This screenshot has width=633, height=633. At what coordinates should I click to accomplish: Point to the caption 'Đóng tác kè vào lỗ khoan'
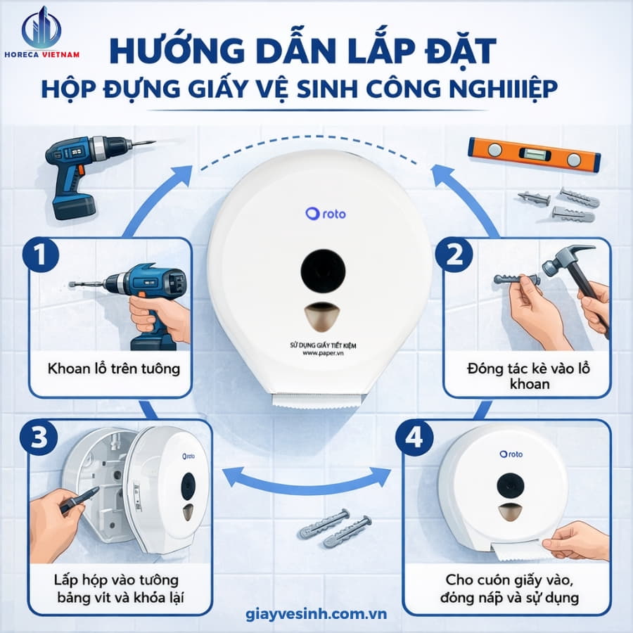point(526,376)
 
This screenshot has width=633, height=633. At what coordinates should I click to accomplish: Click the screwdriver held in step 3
point(79,501)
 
